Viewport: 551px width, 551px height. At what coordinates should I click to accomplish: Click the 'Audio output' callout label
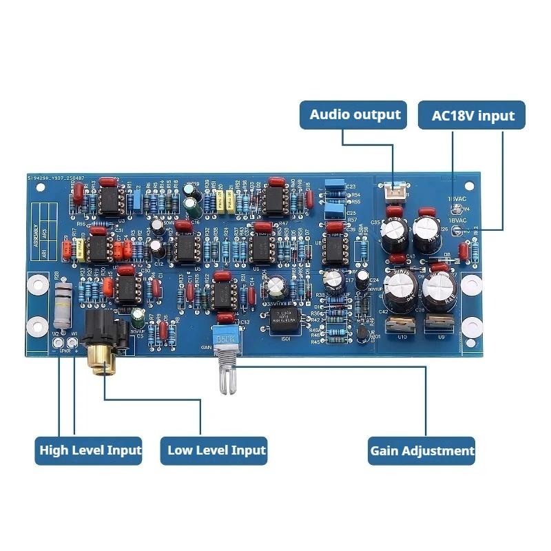355,114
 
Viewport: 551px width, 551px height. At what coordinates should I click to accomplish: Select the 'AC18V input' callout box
472,115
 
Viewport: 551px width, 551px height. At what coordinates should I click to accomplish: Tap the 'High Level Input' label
90,451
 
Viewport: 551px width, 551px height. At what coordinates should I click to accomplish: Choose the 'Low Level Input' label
216,451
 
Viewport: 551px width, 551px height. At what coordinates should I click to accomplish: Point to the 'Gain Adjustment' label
422,451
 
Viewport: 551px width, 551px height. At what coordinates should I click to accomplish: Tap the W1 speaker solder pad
73,342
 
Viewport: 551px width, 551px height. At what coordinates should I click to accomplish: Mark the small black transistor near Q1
361,334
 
